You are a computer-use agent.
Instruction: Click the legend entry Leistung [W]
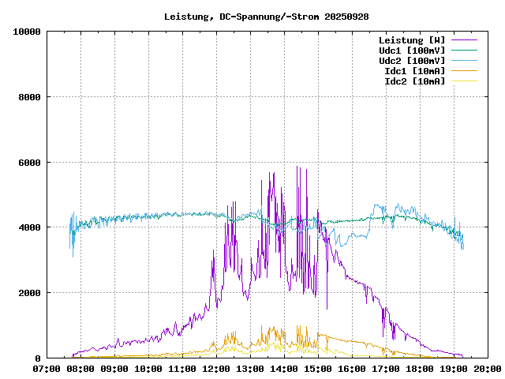pyautogui.click(x=411, y=39)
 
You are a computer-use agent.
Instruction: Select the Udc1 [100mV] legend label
pyautogui.click(x=411, y=50)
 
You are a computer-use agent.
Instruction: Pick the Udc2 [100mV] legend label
pyautogui.click(x=411, y=60)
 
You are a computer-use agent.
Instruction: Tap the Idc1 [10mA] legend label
pyautogui.click(x=414, y=70)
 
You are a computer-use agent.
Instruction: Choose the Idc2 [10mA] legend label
pyautogui.click(x=414, y=81)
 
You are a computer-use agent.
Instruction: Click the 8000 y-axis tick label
pyautogui.click(x=31, y=97)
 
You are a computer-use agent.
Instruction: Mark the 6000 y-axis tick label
pyautogui.click(x=31, y=163)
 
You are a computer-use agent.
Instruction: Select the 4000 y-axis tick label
pyautogui.click(x=31, y=227)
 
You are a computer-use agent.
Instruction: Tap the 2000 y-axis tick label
pyautogui.click(x=31, y=293)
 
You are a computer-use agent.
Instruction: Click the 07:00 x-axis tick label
pyautogui.click(x=47, y=368)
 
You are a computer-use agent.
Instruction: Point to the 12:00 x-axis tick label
pyautogui.click(x=216, y=368)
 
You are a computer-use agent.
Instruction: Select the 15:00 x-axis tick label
pyautogui.click(x=318, y=368)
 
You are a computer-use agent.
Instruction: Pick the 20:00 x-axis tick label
pyautogui.click(x=487, y=368)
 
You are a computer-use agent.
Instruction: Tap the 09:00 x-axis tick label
pyautogui.click(x=115, y=368)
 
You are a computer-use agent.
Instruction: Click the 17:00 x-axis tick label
pyautogui.click(x=386, y=368)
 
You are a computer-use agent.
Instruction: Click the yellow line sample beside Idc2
pyautogui.click(x=464, y=81)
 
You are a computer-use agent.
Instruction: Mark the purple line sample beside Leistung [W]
pyautogui.click(x=464, y=39)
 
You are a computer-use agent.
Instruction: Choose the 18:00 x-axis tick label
pyautogui.click(x=420, y=368)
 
